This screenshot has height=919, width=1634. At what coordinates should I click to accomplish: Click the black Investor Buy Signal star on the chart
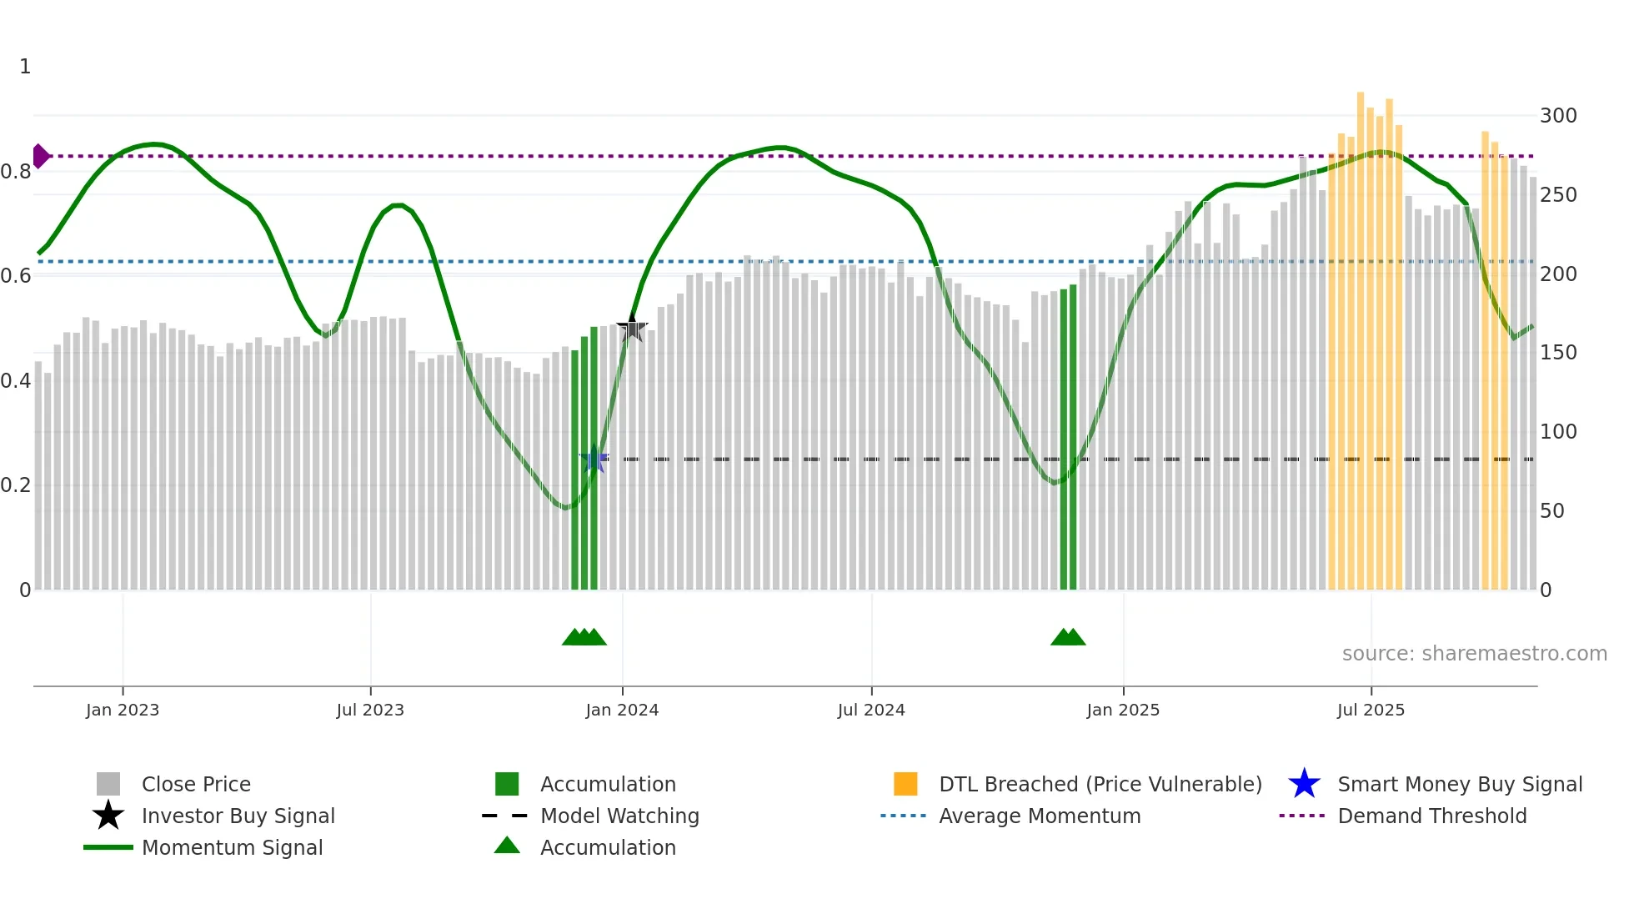[x=632, y=328]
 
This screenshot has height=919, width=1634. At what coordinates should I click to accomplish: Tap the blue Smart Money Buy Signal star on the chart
[x=594, y=459]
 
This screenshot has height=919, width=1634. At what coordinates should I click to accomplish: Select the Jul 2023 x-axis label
[x=370, y=710]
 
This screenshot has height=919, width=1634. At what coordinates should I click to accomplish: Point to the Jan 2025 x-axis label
[x=1123, y=710]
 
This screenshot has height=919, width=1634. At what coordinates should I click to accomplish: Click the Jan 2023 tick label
[x=123, y=710]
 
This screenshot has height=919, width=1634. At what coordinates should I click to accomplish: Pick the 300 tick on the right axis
[x=1558, y=116]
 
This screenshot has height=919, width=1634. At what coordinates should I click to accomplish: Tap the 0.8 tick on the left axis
[x=17, y=172]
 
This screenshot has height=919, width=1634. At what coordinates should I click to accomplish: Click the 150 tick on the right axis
[x=1558, y=353]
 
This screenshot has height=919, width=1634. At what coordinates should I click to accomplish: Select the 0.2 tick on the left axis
[x=17, y=485]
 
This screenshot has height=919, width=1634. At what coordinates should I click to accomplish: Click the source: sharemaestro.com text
[x=1474, y=654]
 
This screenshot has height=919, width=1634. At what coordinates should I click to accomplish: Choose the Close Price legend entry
[x=196, y=784]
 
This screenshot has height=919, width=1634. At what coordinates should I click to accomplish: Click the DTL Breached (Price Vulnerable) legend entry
[x=1100, y=784]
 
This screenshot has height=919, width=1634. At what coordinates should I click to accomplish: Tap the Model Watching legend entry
[x=619, y=816]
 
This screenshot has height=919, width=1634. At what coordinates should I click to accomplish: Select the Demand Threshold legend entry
[x=1431, y=816]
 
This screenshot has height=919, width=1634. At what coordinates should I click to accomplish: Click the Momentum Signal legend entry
[x=232, y=847]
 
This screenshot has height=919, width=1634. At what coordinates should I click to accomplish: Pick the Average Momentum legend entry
[x=1040, y=816]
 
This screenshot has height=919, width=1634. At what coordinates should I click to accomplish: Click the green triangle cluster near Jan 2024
[x=584, y=637]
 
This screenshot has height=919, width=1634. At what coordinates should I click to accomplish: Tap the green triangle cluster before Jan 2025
[x=1068, y=637]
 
